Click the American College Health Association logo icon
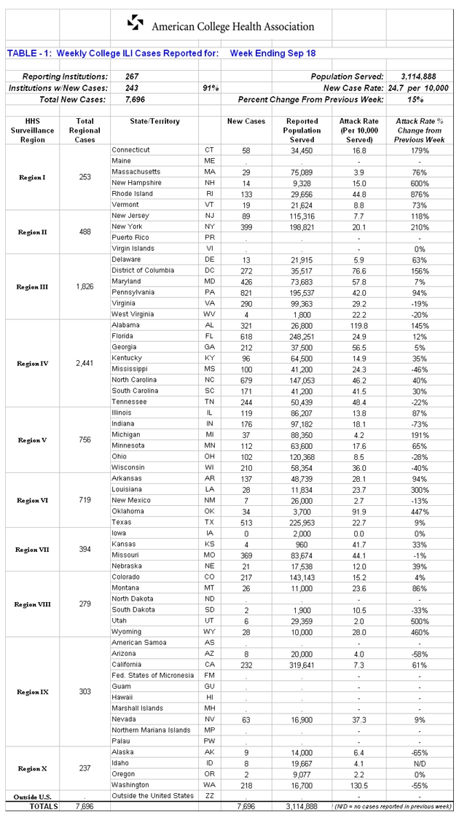[136, 24]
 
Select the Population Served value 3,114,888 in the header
[418, 76]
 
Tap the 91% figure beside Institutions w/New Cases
[211, 87]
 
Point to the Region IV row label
[33, 363]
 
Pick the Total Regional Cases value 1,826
[85, 286]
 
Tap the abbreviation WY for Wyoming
[210, 631]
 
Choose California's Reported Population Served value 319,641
[302, 664]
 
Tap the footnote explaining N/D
[391, 807]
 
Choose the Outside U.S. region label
[32, 797]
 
